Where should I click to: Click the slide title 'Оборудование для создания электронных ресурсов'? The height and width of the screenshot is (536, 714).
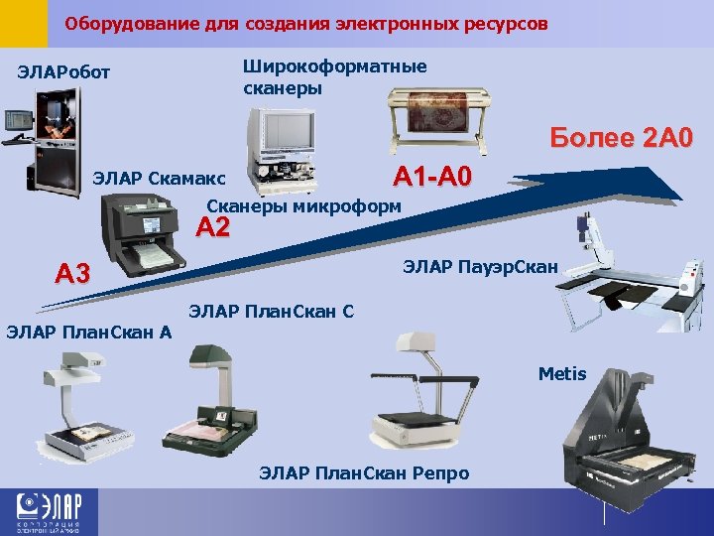(x=305, y=22)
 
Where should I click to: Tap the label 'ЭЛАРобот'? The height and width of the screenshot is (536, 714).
(x=64, y=73)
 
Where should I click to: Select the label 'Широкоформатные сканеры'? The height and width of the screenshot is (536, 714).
(x=334, y=77)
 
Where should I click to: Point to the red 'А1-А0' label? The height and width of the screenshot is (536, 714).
(x=433, y=178)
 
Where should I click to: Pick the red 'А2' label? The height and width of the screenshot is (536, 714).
(x=213, y=228)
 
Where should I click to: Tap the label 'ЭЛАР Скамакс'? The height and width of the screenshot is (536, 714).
(x=160, y=180)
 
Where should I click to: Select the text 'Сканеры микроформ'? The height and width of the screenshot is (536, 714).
(x=303, y=205)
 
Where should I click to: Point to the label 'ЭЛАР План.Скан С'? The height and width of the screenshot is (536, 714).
(x=271, y=311)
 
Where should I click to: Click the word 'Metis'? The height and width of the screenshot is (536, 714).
(x=562, y=374)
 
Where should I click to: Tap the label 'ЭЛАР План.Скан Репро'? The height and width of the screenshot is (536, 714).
(x=364, y=473)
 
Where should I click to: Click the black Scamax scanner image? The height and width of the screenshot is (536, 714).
(x=145, y=235)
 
